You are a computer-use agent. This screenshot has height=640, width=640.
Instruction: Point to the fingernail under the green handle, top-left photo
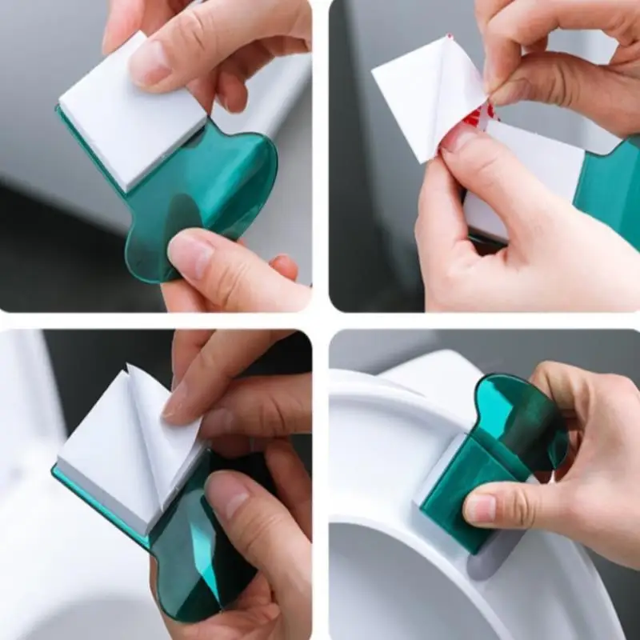(190, 254)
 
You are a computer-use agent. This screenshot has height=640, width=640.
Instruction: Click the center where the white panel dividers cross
(320, 320)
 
